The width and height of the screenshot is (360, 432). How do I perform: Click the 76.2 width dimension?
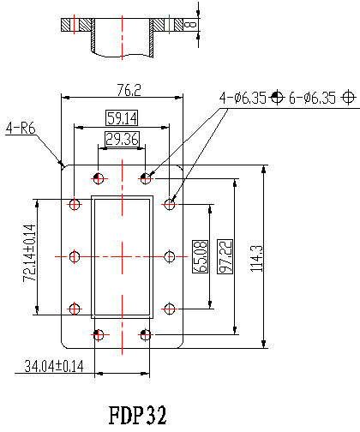coord(129,90)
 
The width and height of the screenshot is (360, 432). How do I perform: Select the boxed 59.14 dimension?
coord(122,117)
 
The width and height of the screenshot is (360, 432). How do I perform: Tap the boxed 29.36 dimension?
coord(122,139)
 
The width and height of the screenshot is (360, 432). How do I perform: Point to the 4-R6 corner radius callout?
coord(21,128)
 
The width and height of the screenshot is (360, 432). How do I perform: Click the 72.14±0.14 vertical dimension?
coord(29,253)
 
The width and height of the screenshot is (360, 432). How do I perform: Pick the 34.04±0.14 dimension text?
coord(54,366)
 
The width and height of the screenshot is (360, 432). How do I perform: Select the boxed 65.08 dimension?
coord(200,256)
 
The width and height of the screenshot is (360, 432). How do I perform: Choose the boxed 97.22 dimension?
coord(225,256)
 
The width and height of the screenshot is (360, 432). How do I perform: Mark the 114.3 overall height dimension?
coord(256,259)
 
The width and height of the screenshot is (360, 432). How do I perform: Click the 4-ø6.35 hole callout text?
coord(243,98)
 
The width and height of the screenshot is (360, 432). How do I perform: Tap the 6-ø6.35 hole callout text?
coord(312,98)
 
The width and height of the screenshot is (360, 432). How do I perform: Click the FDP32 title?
coord(137,415)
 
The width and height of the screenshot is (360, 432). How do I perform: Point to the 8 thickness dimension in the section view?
coord(191,25)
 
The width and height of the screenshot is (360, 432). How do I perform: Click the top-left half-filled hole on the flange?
coord(99,179)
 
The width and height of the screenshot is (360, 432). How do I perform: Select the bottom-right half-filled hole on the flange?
coord(146,334)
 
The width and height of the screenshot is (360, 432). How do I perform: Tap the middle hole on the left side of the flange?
coord(75,256)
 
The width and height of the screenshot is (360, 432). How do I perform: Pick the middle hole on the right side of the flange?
coord(170,256)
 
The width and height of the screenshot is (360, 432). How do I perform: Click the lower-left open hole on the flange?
coord(75,309)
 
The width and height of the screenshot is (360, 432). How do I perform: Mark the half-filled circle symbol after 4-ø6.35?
coord(277,98)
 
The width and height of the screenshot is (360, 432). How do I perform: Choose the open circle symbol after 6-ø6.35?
coord(348,98)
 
